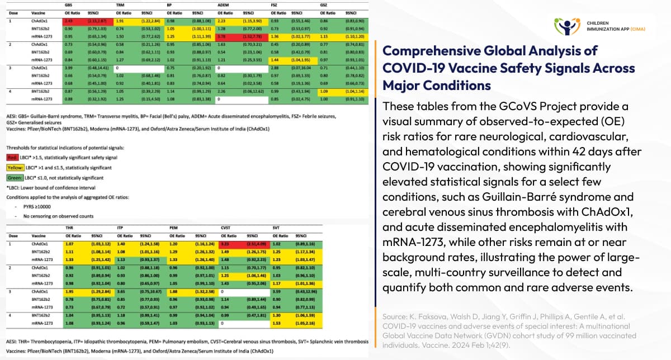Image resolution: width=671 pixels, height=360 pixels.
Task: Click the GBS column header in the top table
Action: (68, 5)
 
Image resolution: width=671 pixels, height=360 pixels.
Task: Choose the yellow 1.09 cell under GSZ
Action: (324, 91)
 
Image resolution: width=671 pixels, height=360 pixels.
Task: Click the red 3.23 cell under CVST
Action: (225, 244)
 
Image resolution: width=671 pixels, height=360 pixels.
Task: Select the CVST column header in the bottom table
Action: (225, 228)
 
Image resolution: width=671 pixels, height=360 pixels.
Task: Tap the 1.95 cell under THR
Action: (70, 291)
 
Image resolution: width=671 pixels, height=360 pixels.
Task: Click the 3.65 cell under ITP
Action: (120, 291)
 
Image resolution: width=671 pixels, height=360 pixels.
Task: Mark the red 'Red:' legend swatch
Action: (12, 158)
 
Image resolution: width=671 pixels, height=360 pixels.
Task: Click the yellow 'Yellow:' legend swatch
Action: (14, 167)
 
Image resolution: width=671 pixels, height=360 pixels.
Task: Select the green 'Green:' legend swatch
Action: (14, 177)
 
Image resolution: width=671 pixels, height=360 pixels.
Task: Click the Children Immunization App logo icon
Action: (566, 26)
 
